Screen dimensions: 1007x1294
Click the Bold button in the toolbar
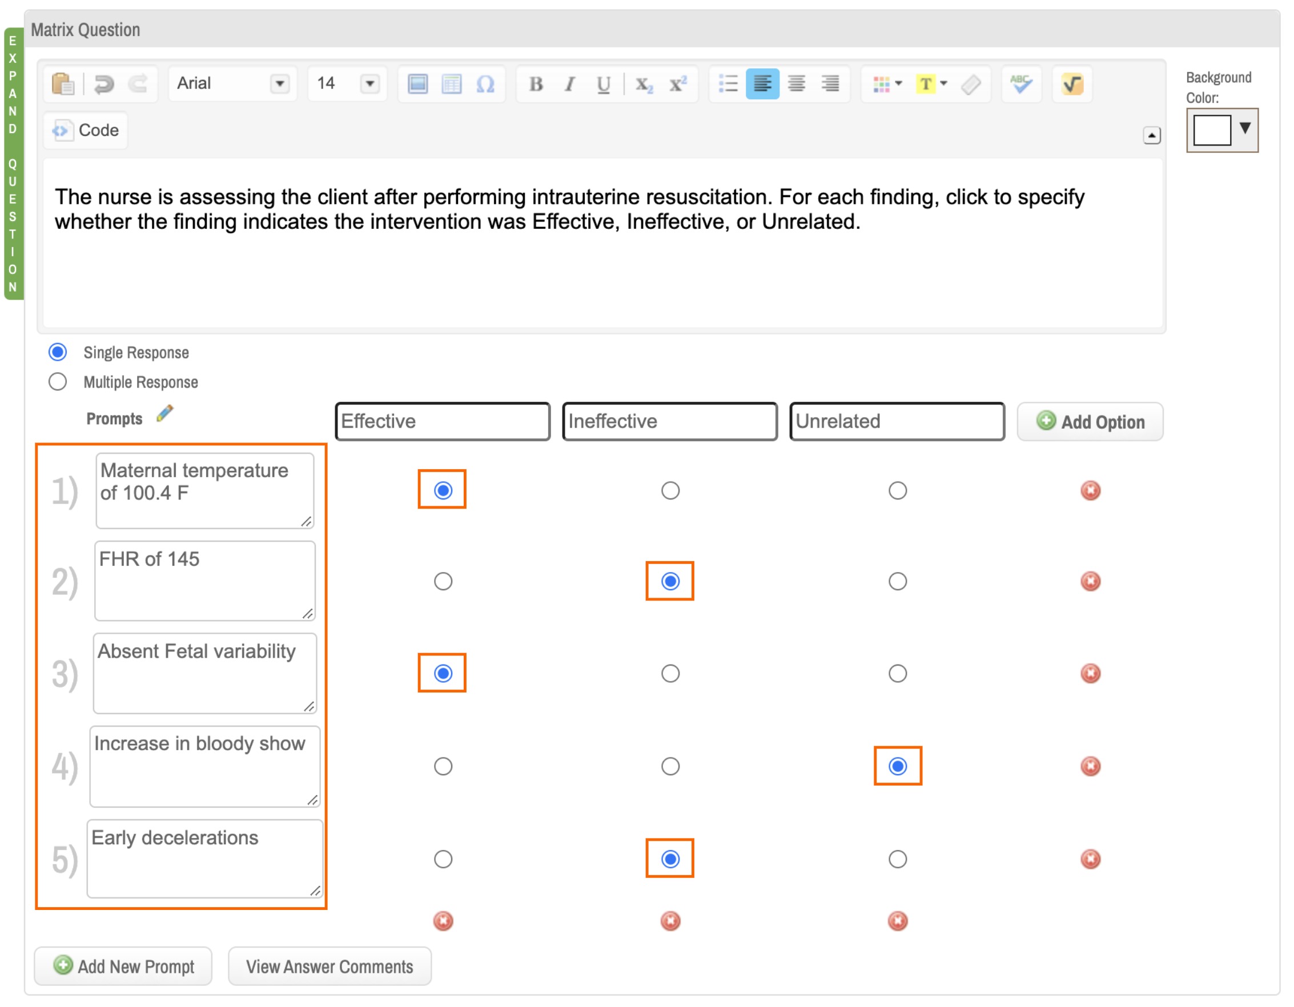(536, 84)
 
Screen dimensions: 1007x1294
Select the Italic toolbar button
(569, 84)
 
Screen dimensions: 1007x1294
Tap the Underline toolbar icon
(603, 84)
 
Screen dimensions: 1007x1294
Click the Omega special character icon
(485, 84)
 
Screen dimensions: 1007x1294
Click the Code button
(86, 130)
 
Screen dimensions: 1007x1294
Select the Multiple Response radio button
(58, 382)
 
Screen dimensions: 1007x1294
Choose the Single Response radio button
(58, 352)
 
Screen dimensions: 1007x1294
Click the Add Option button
(1090, 422)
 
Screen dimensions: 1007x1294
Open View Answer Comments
(329, 967)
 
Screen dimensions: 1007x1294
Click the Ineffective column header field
(669, 422)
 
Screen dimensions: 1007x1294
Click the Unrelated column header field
(897, 422)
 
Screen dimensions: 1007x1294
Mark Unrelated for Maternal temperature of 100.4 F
(898, 491)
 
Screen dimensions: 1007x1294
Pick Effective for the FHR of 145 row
(443, 582)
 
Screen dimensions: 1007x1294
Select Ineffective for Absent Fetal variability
(670, 674)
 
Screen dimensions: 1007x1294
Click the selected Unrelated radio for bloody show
(898, 767)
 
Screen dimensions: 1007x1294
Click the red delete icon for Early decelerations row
(1090, 860)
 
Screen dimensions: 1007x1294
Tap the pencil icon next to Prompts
(164, 414)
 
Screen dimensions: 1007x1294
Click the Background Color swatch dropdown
(1222, 130)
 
